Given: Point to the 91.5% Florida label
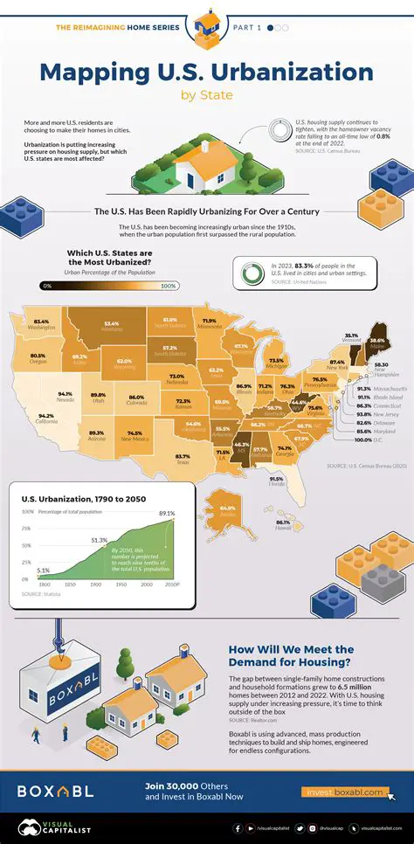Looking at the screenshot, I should pyautogui.click(x=276, y=480).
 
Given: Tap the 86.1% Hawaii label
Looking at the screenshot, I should pyautogui.click(x=282, y=522).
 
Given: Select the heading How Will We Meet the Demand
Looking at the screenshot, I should pyautogui.click(x=290, y=654).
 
